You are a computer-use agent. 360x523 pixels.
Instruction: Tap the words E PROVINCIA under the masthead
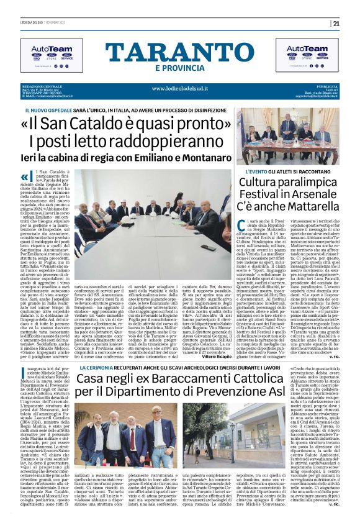pyautogui.click(x=180, y=67)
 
